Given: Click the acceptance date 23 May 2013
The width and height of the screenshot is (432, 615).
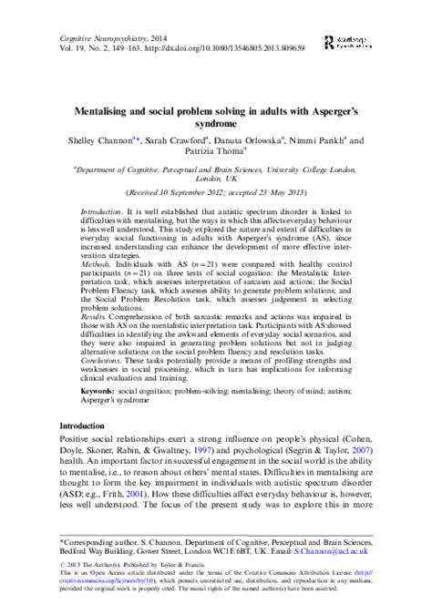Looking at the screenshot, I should pos(283,194).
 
